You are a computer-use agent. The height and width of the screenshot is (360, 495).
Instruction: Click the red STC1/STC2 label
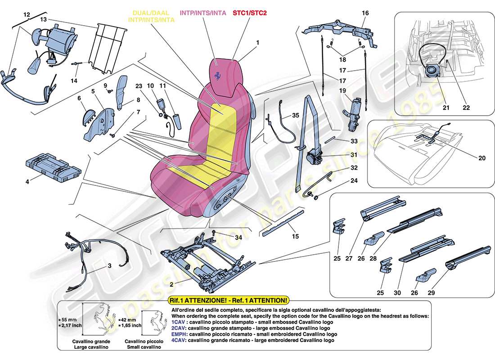pos(250,13)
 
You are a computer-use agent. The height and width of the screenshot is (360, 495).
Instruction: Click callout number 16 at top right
pos(365,13)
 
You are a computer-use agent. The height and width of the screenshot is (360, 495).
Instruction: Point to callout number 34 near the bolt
pos(238,237)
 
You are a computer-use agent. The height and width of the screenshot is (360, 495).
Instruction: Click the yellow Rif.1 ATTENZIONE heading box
pos(228,300)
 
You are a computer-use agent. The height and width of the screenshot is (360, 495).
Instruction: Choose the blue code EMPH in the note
pos(180,334)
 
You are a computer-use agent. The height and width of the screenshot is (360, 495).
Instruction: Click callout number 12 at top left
pos(27,15)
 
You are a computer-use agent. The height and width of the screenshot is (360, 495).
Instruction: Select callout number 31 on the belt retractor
pos(354,155)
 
